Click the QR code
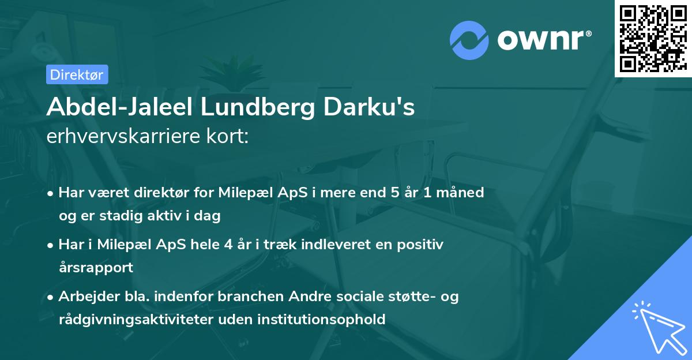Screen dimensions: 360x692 653,38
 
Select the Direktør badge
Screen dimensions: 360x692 77,74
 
